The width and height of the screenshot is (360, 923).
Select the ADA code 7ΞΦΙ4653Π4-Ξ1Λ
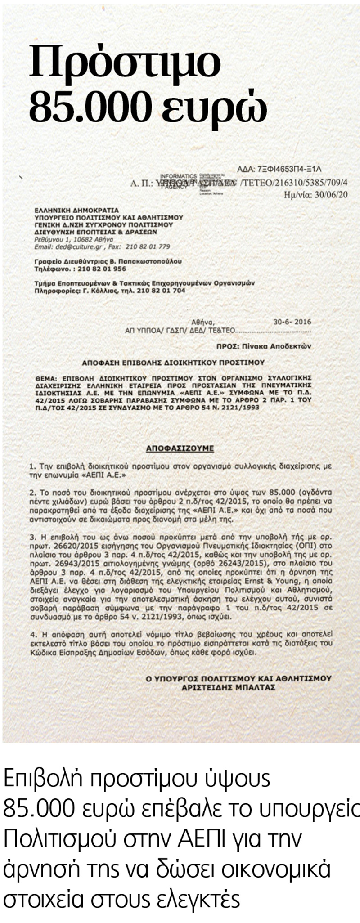point(288,170)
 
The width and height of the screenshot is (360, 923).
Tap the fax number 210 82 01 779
point(147,246)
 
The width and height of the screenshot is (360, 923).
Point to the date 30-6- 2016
point(292,322)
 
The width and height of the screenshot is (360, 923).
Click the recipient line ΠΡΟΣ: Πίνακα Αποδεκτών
point(263,346)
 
